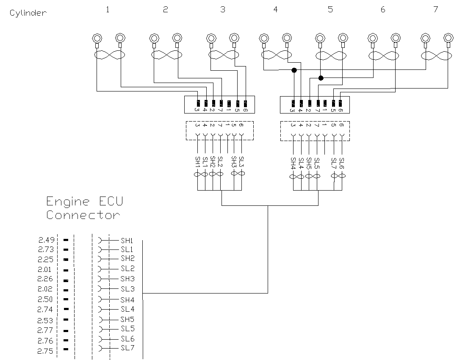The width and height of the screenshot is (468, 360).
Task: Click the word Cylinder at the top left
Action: [x=28, y=13]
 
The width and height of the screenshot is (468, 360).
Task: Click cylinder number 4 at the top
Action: [x=276, y=9]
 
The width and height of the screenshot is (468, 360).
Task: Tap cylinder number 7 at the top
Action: [x=436, y=9]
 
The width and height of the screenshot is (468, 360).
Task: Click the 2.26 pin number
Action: [x=46, y=279]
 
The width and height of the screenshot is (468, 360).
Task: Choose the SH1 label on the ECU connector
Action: [x=127, y=240]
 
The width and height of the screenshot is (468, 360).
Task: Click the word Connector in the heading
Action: [x=83, y=215]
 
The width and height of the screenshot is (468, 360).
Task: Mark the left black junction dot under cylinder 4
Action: [x=293, y=70]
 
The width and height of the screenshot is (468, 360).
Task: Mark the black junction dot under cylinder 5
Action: [x=321, y=78]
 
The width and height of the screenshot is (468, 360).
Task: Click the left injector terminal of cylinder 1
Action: [x=97, y=39]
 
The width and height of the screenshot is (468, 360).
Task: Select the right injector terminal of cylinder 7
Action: [x=448, y=39]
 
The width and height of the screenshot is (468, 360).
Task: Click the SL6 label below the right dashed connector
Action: [x=342, y=163]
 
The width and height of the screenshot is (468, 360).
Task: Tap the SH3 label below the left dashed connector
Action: [x=233, y=162]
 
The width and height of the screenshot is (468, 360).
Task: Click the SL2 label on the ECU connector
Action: [x=127, y=269]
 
